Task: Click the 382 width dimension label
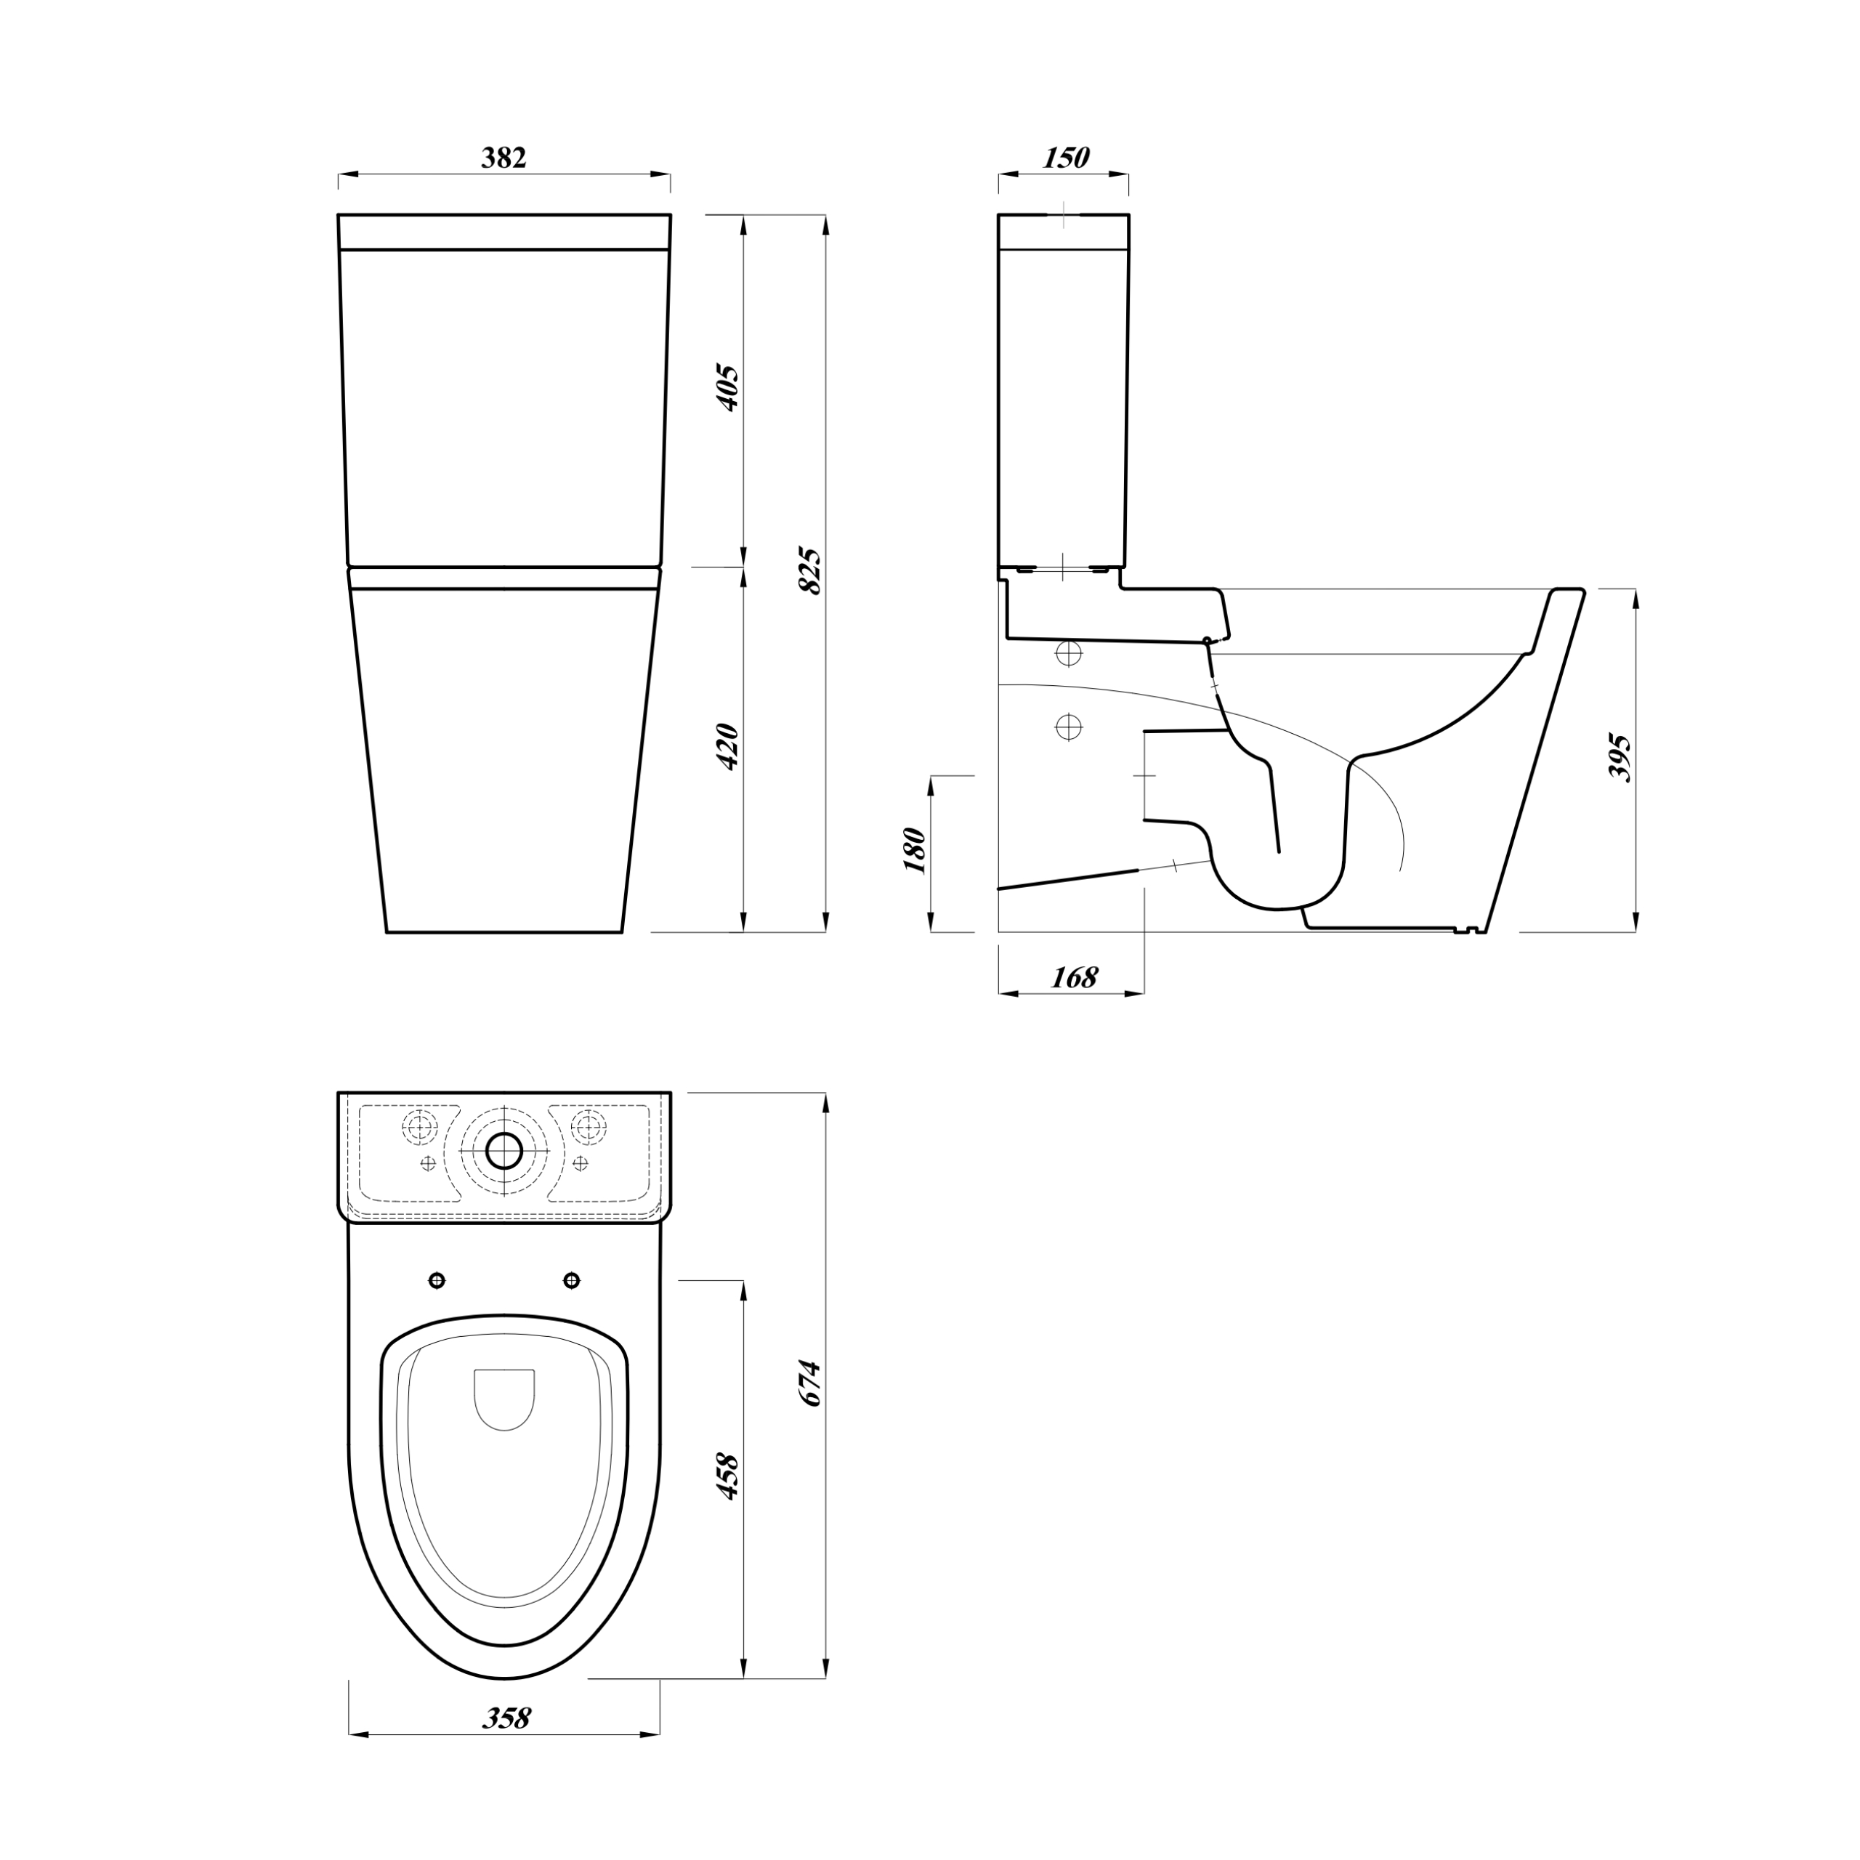[x=504, y=157]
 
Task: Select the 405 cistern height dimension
[x=729, y=388]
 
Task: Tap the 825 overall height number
[x=812, y=571]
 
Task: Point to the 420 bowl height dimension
[x=729, y=745]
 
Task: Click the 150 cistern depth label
[x=1066, y=157]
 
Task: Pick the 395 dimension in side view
[x=1621, y=758]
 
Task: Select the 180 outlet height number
[x=915, y=849]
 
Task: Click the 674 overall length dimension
[x=812, y=1383]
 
